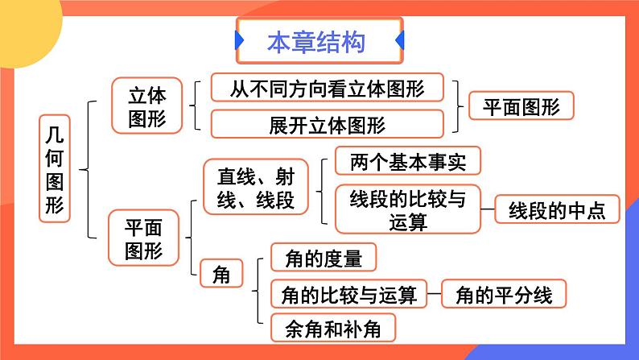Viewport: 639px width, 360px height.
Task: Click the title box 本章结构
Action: click(x=319, y=41)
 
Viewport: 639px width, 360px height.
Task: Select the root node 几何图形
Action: click(x=55, y=168)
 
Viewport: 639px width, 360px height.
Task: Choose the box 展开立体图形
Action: click(x=326, y=125)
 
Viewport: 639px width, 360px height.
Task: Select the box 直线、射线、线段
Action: click(x=244, y=187)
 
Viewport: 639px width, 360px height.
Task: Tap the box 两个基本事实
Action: click(x=406, y=161)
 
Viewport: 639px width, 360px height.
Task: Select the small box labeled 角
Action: click(x=220, y=275)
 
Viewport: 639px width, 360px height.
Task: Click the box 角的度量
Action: click(x=323, y=259)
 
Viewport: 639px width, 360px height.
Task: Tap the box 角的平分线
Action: click(x=504, y=295)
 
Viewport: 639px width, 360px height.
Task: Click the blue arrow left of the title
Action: click(x=239, y=40)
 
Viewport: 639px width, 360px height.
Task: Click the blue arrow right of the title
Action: click(x=400, y=40)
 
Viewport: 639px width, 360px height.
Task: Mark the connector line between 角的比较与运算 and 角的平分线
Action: click(x=432, y=295)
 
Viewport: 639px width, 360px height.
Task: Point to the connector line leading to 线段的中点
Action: click(x=486, y=209)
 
